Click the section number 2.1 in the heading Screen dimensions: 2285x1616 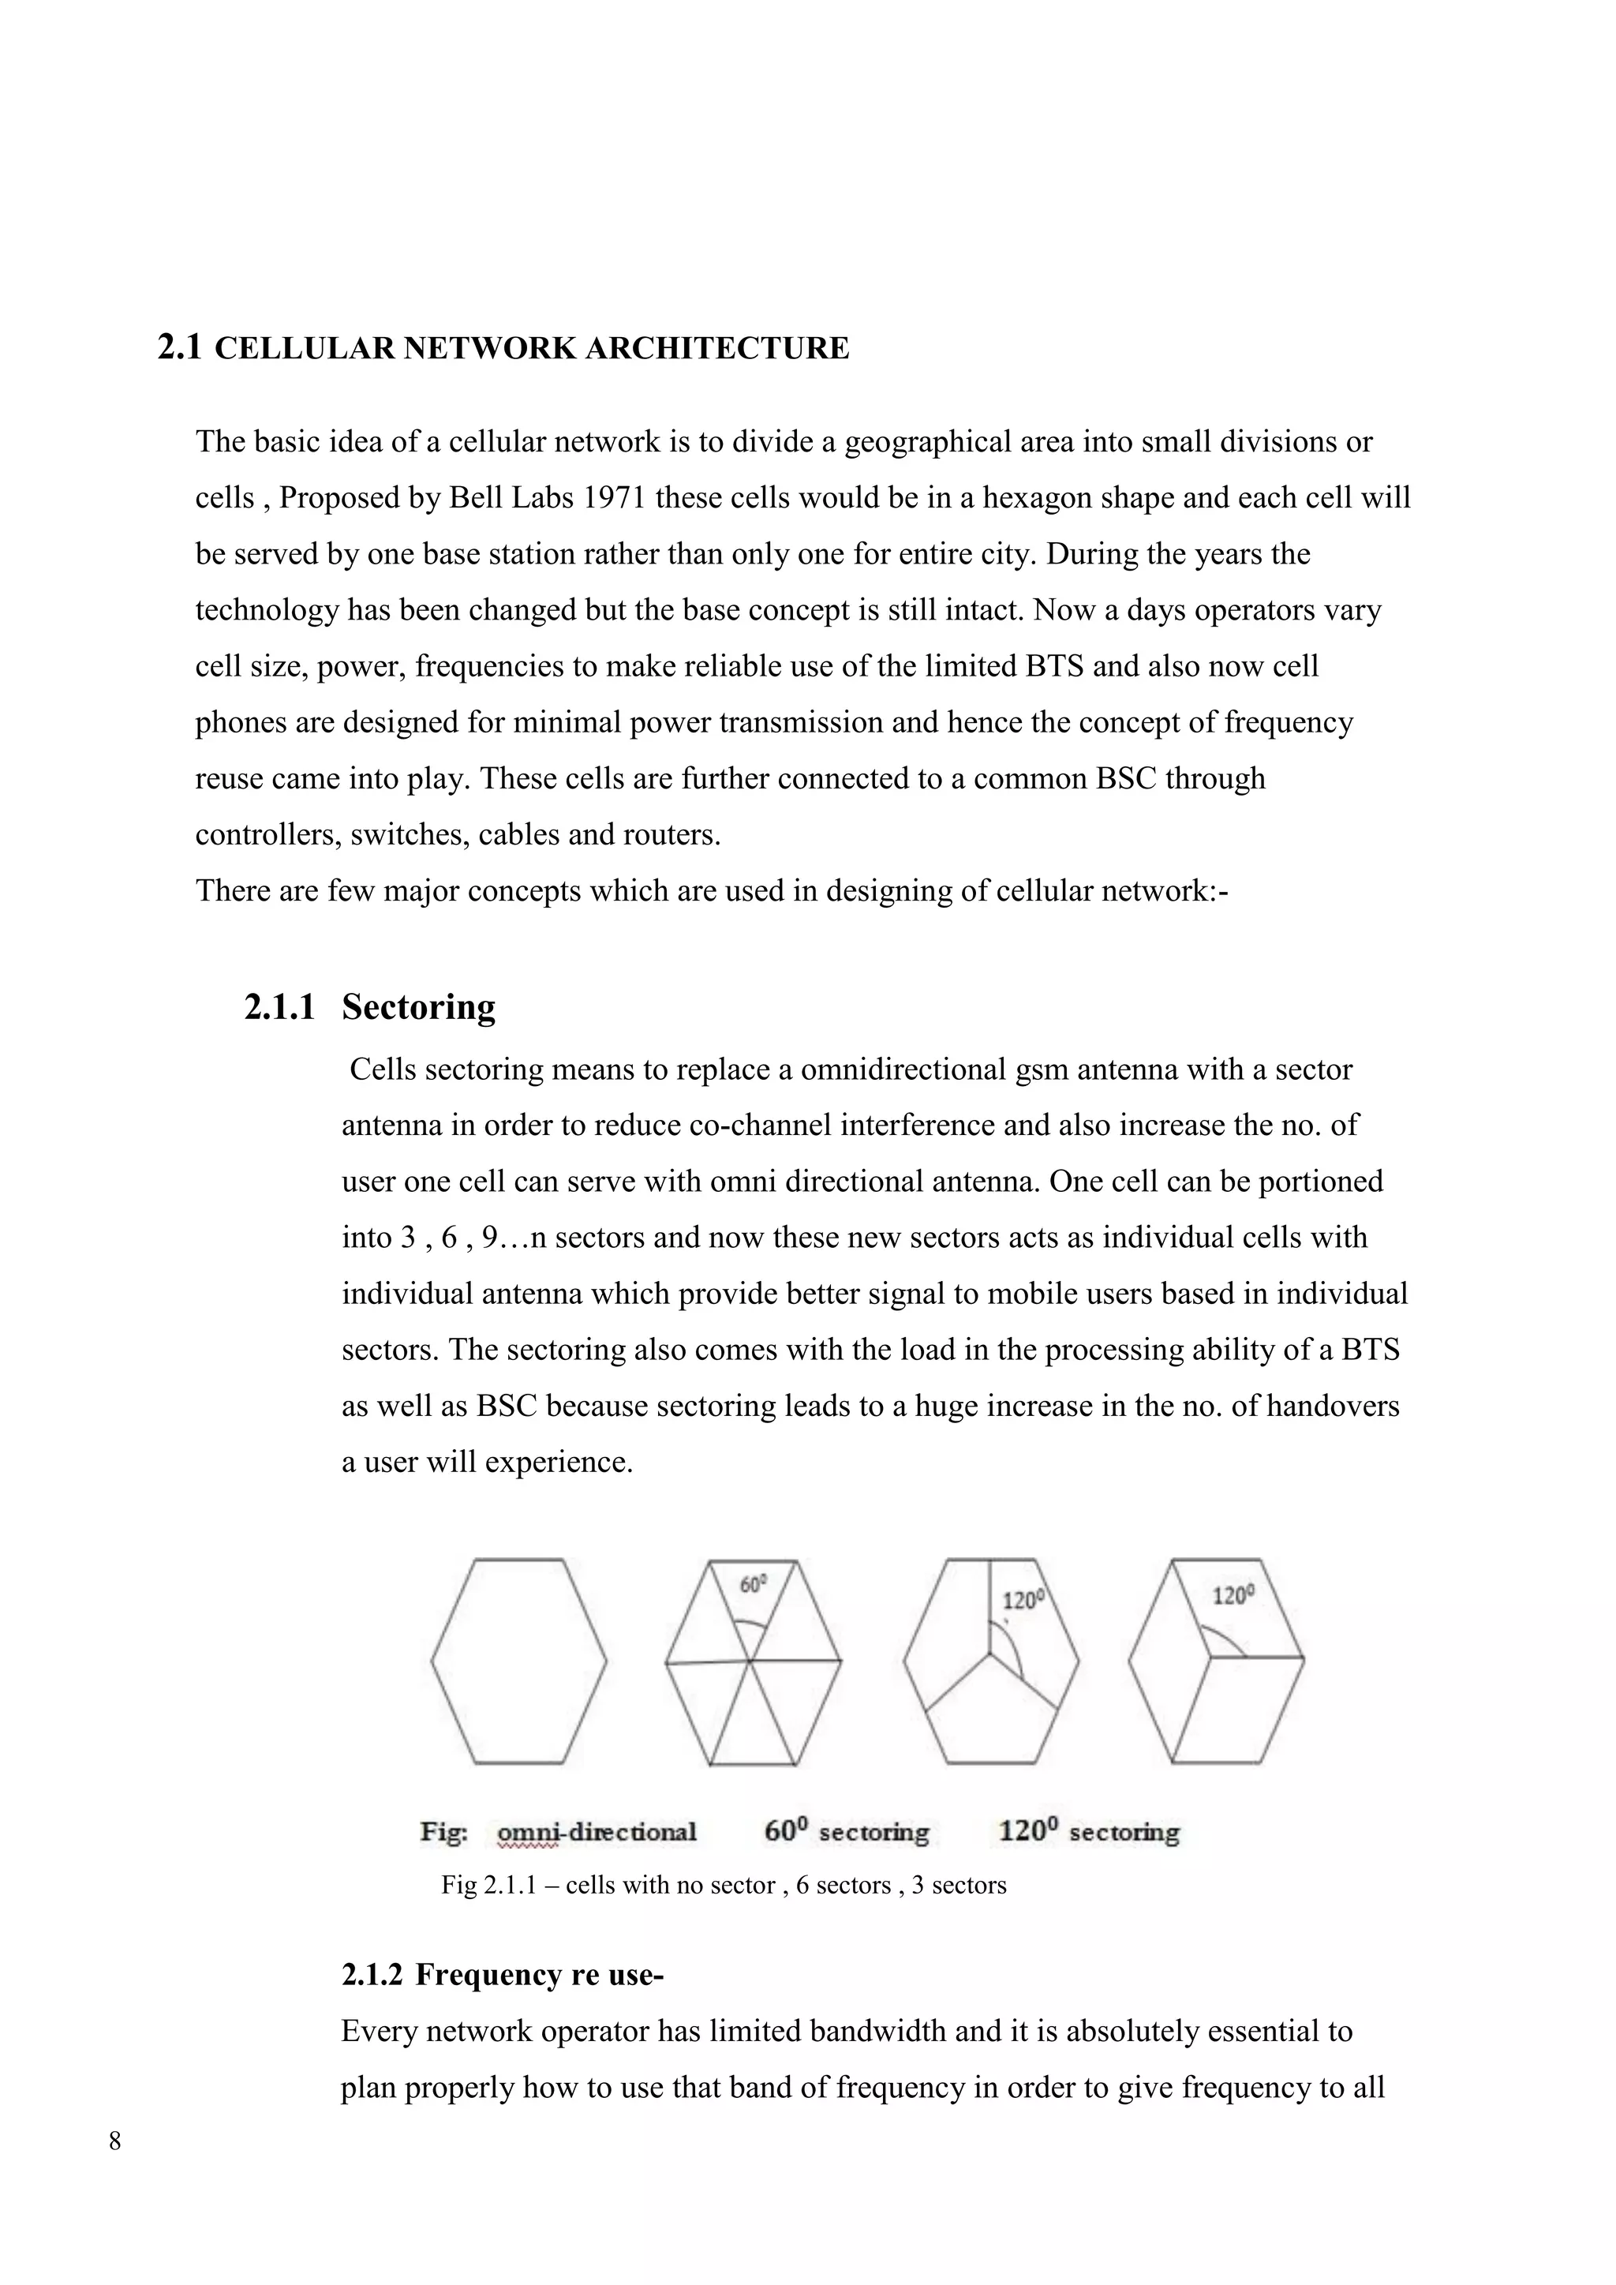point(179,348)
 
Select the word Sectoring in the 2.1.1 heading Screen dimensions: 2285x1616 point(418,1007)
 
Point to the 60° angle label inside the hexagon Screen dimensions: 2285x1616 point(754,1583)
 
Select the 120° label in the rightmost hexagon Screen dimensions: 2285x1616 point(1233,1595)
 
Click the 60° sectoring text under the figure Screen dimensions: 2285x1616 point(846,1831)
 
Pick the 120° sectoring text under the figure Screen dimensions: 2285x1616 point(1089,1831)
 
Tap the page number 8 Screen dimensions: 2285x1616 point(115,2141)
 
